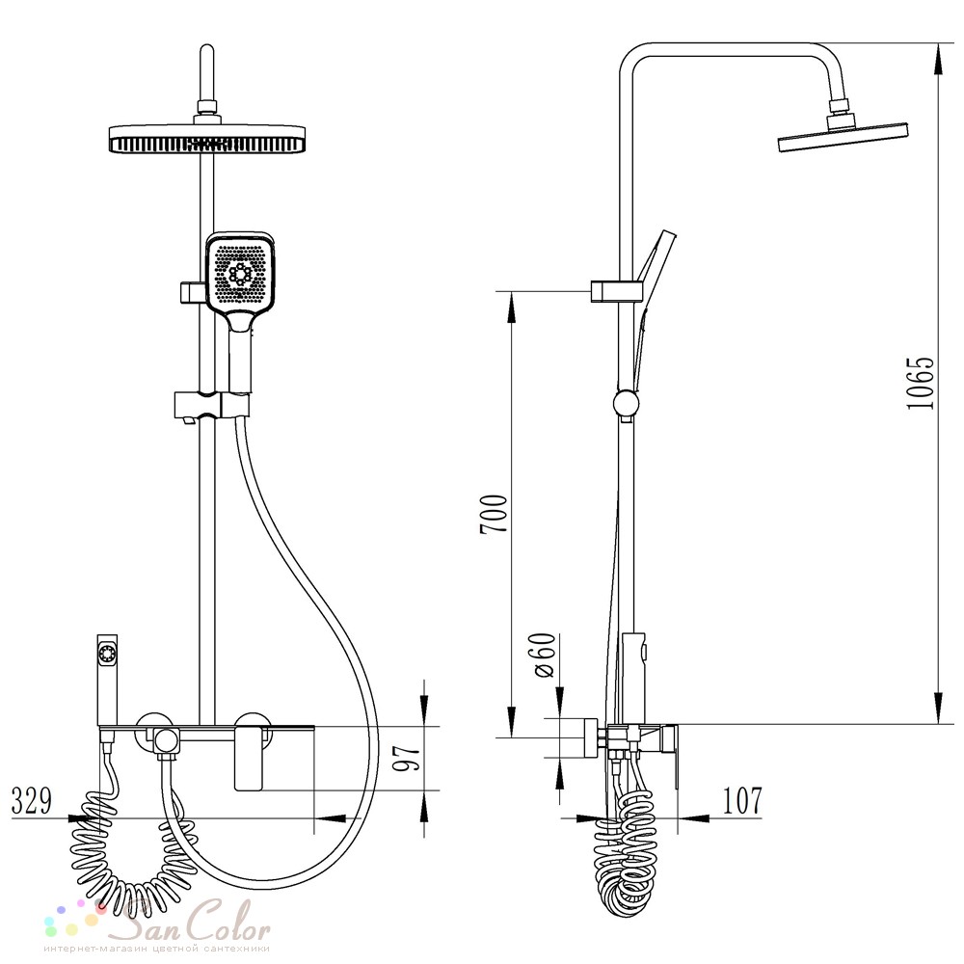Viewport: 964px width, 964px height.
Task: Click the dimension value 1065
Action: (x=921, y=383)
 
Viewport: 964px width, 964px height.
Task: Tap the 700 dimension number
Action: (x=495, y=514)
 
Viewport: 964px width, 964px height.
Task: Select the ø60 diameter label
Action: (x=544, y=655)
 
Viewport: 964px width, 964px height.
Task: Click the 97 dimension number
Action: (x=407, y=757)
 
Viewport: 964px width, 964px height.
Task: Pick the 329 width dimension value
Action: (x=32, y=800)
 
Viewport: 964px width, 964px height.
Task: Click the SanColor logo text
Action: (x=193, y=921)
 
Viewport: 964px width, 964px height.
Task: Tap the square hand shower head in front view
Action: (x=240, y=273)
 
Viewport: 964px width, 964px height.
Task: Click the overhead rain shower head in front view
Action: (x=208, y=139)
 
